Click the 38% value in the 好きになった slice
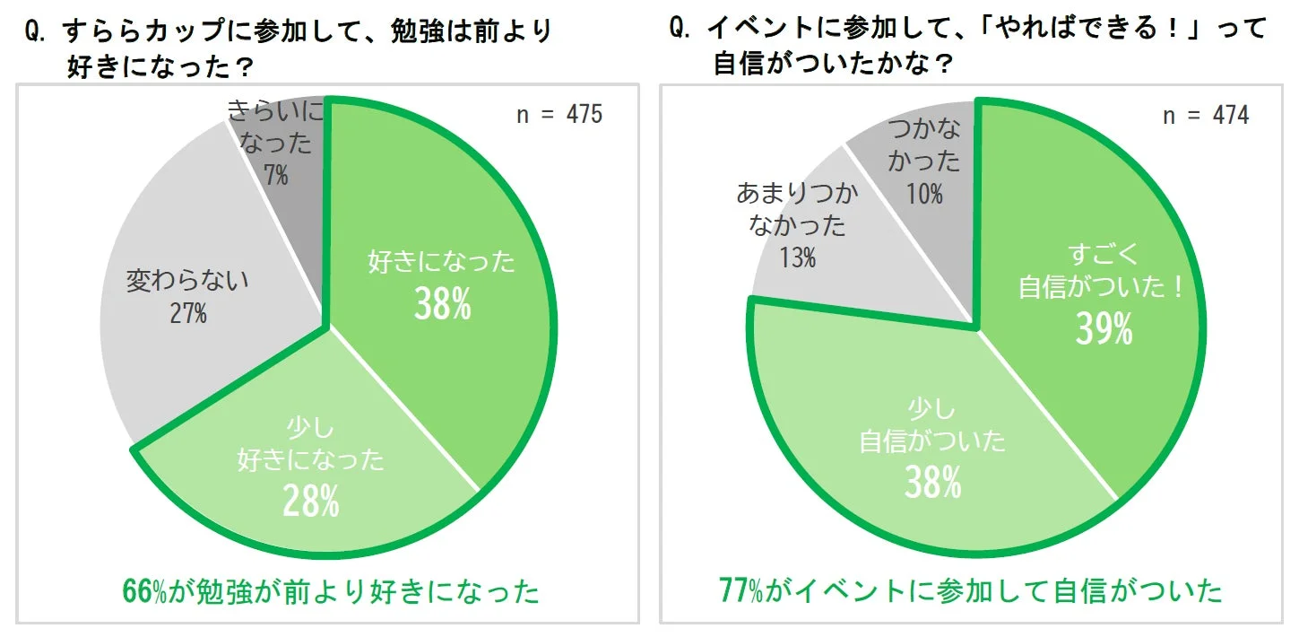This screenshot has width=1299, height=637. point(442,305)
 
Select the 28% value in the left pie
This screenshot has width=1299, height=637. point(311,501)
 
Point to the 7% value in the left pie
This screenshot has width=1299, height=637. point(276,175)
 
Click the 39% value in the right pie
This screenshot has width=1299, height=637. point(1104,330)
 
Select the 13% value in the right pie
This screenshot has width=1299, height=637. point(797,258)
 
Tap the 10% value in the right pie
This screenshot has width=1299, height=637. point(924,193)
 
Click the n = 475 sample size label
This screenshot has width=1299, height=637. point(559,115)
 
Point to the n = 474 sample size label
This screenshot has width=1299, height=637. point(1206,115)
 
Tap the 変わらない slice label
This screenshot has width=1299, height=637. point(187,281)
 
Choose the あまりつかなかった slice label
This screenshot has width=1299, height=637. point(797,208)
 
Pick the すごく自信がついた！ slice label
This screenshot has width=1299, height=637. point(1103,272)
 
